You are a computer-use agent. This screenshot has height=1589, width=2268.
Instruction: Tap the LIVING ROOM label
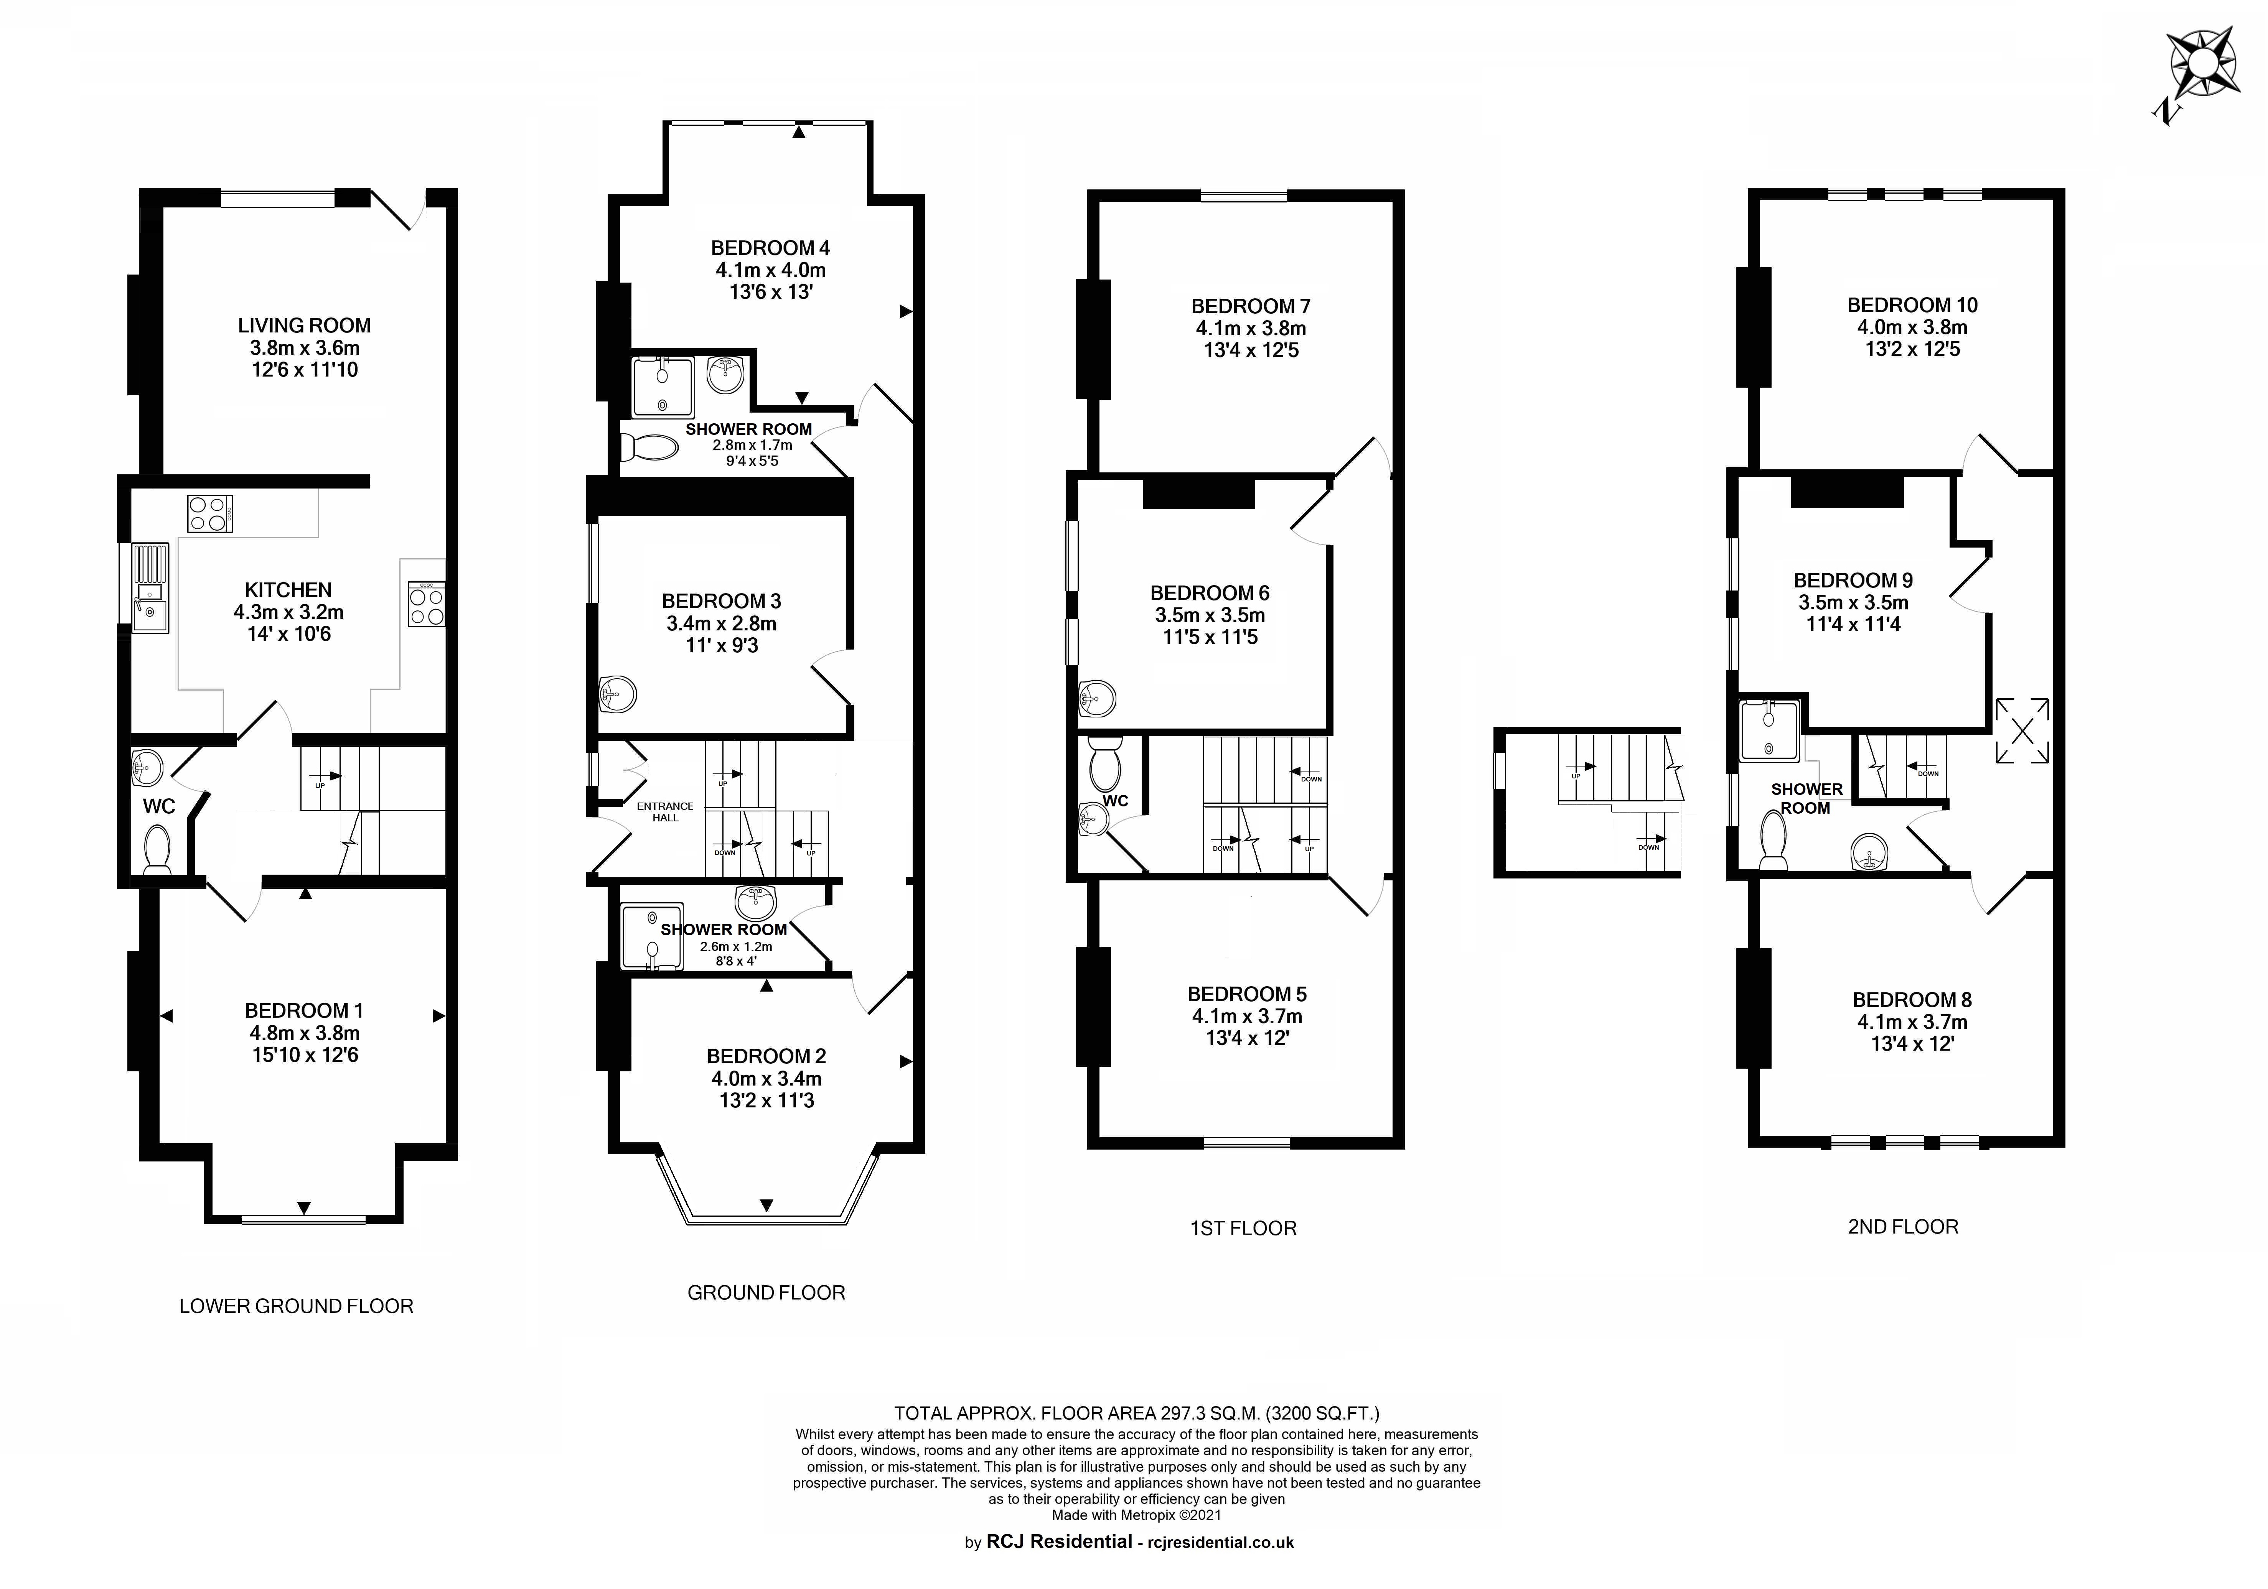click(x=304, y=325)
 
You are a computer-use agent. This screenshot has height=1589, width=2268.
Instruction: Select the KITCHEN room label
click(x=288, y=590)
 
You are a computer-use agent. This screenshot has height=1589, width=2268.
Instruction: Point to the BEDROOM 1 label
click(x=304, y=1010)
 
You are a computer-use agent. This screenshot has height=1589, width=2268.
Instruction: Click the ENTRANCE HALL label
click(x=665, y=812)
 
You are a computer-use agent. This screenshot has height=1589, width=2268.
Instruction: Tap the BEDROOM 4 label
click(x=770, y=248)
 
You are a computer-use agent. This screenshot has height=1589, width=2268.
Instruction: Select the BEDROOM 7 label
click(x=1251, y=306)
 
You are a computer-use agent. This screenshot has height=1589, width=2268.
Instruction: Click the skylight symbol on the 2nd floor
click(x=2022, y=731)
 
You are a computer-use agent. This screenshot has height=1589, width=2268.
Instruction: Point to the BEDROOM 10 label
click(x=1912, y=305)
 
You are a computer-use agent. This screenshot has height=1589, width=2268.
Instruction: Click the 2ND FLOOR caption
click(x=1902, y=1227)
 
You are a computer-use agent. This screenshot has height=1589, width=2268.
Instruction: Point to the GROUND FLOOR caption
click(x=766, y=1293)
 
